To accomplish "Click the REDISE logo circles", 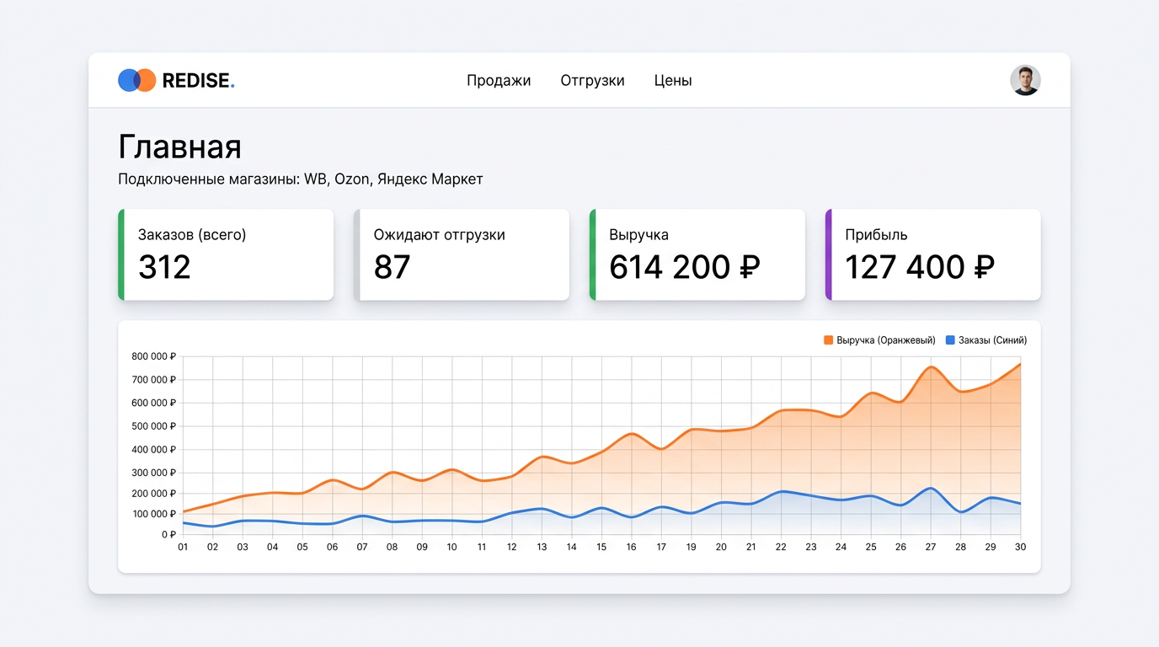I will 136,80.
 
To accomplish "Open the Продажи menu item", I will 499,81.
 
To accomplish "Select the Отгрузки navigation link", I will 592,81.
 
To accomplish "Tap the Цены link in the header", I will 673,81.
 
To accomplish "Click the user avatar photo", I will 1025,80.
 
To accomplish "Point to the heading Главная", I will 179,147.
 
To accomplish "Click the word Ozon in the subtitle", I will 352,179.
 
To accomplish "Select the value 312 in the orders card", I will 164,267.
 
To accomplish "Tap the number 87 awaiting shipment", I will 392,267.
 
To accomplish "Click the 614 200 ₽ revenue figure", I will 684,267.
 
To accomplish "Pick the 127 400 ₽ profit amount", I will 920,267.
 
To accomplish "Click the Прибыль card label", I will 876,235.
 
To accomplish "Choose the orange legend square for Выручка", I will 828,340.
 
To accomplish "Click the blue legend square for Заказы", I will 950,340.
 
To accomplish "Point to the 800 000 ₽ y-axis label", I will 153,356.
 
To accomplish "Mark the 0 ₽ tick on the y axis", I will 168,534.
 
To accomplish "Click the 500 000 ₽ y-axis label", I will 153,426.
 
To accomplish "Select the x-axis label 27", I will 931,547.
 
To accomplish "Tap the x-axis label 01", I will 183,547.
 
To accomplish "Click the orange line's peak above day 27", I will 932,367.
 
